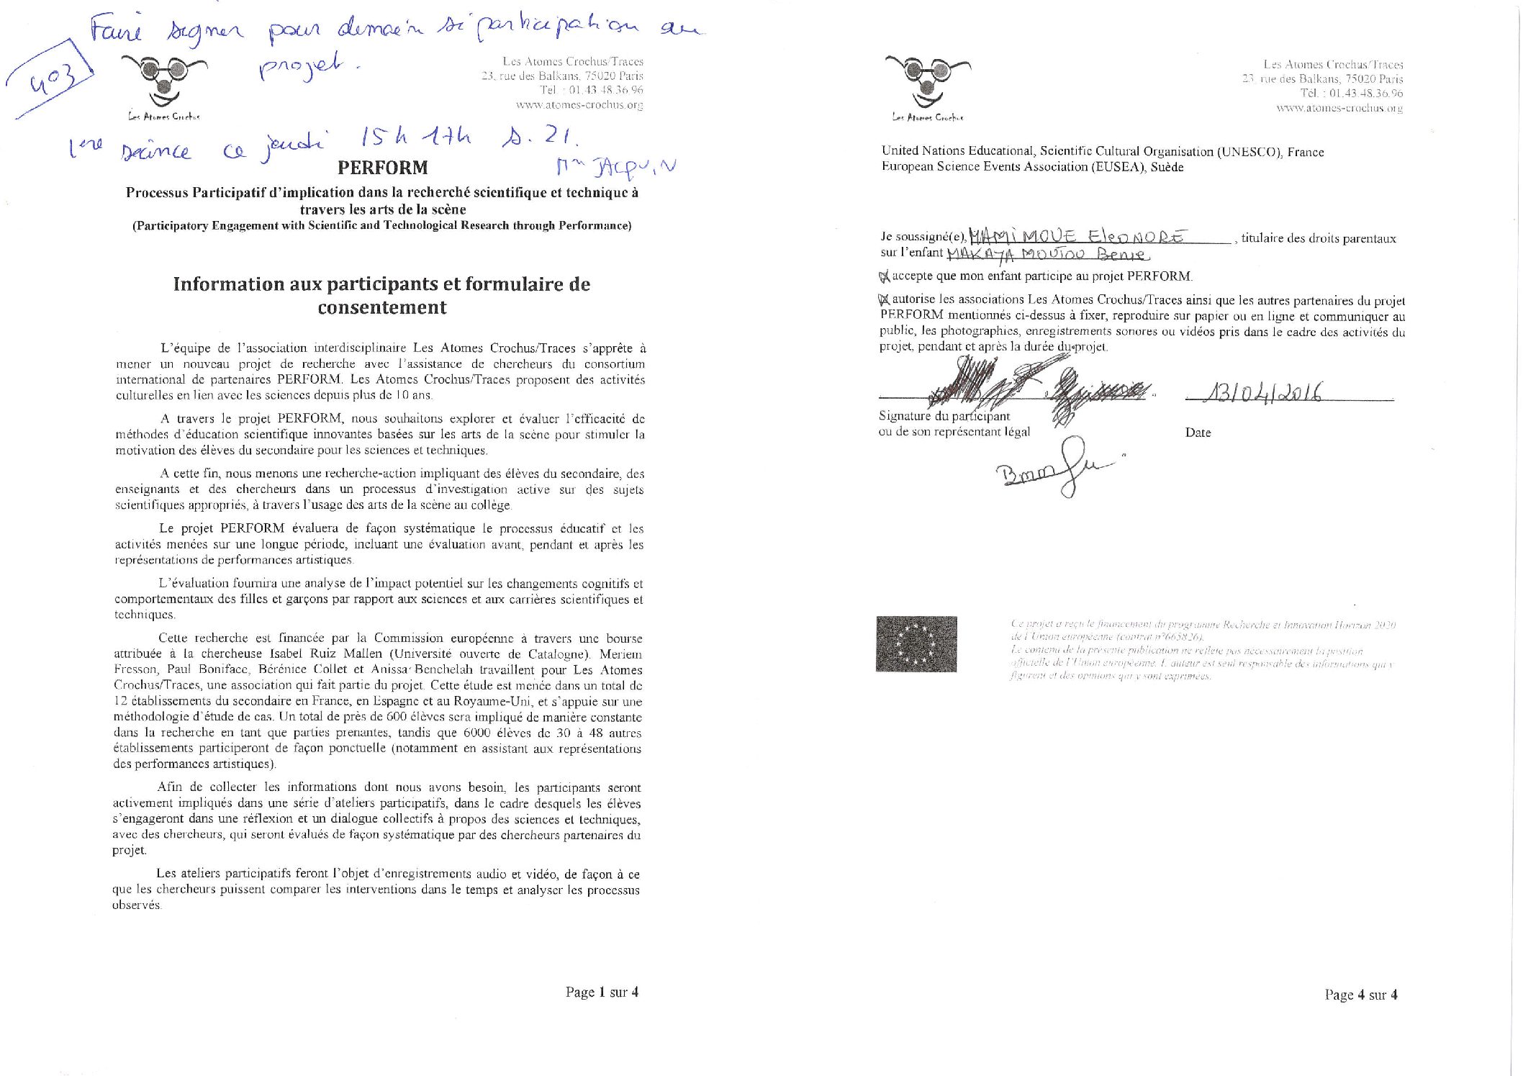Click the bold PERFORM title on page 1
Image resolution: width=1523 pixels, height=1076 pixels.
coord(382,168)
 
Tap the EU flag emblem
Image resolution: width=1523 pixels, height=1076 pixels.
coord(916,643)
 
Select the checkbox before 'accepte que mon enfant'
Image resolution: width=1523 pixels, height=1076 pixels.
coord(885,276)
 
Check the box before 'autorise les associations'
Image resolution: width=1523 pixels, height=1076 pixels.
coord(885,299)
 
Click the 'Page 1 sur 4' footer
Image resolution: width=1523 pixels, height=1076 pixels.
coord(602,993)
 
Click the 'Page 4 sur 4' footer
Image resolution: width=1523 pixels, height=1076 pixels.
coord(1360,995)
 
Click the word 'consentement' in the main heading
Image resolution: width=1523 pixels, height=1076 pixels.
coord(382,307)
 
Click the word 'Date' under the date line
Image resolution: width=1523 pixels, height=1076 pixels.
coord(1198,433)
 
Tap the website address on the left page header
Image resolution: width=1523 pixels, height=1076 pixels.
coord(579,105)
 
